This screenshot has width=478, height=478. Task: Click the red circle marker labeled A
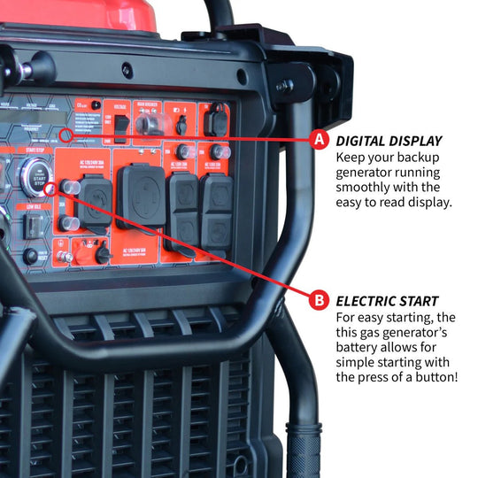click(x=320, y=140)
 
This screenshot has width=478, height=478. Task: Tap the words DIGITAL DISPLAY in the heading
click(x=389, y=141)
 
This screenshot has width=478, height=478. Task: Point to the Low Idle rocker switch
click(x=33, y=226)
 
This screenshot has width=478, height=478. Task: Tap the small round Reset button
click(x=30, y=255)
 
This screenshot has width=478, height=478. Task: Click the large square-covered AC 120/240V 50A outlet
click(x=142, y=196)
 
